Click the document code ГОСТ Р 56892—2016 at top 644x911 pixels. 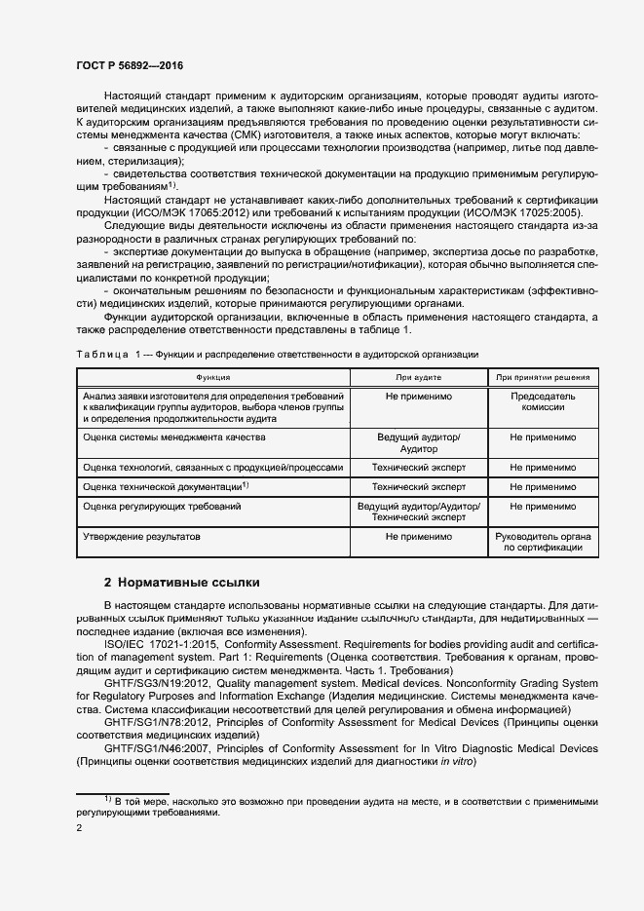click(x=130, y=65)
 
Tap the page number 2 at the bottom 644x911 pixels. click(x=79, y=828)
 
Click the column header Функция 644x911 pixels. click(x=212, y=376)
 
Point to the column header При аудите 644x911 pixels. click(x=418, y=376)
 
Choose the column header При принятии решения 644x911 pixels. click(x=543, y=376)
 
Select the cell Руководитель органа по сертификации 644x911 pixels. click(x=543, y=543)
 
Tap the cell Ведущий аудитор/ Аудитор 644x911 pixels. click(x=418, y=443)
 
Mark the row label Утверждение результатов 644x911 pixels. click(x=141, y=537)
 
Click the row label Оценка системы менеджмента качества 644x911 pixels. click(x=174, y=437)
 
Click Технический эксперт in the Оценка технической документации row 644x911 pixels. click(x=418, y=486)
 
